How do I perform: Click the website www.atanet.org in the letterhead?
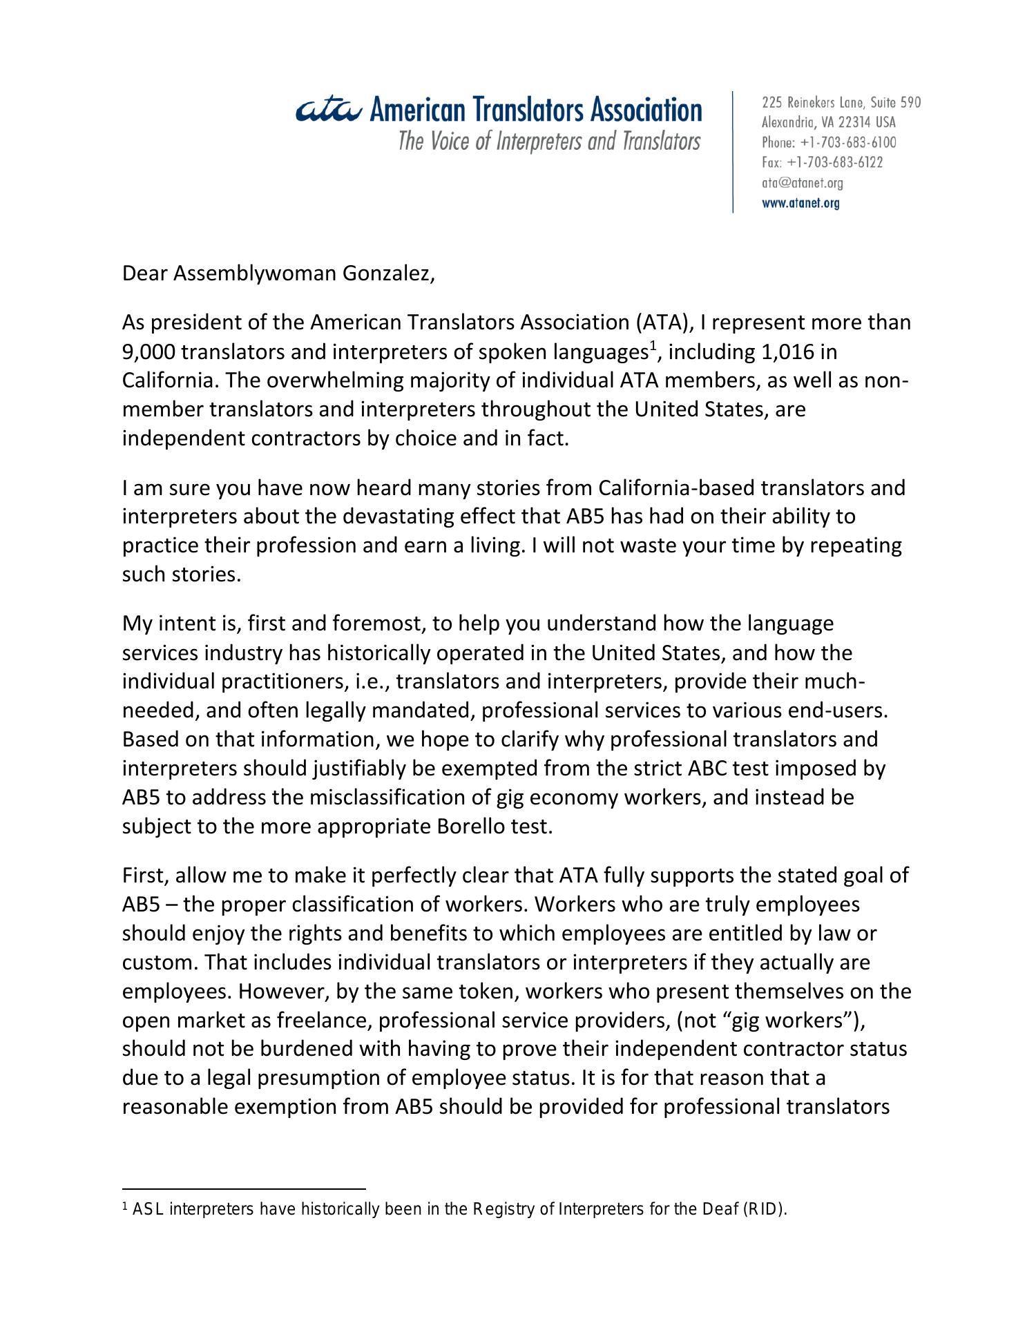tap(800, 203)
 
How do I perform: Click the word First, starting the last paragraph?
tap(145, 876)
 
